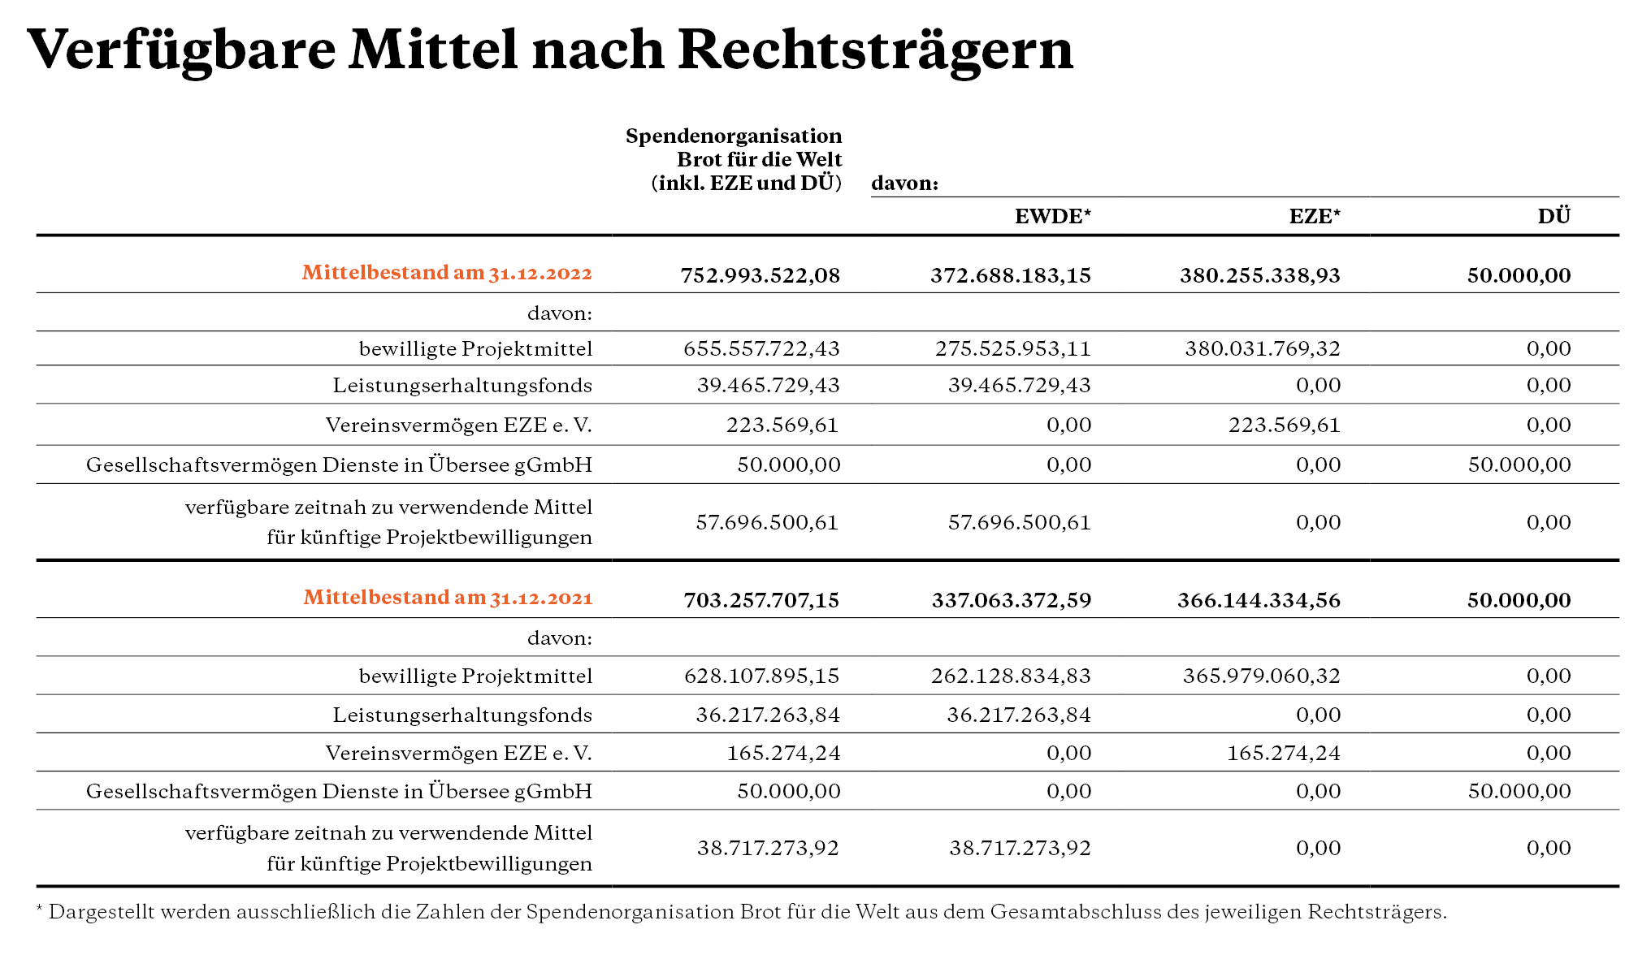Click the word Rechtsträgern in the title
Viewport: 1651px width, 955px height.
click(x=875, y=50)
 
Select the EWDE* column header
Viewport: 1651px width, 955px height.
click(x=1053, y=216)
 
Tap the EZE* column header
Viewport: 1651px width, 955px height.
click(x=1315, y=216)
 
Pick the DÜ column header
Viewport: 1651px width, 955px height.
click(x=1554, y=215)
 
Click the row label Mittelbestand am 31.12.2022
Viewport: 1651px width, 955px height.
click(x=447, y=272)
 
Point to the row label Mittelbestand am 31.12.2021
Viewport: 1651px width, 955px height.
click(x=448, y=598)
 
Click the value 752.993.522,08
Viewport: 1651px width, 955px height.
click(x=760, y=276)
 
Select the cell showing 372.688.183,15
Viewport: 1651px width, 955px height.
click(x=1011, y=276)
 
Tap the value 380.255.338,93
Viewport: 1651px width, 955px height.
click(x=1260, y=276)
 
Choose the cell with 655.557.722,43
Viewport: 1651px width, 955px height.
click(x=761, y=349)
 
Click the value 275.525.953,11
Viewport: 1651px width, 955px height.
click(x=1013, y=349)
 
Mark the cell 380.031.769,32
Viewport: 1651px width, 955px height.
click(x=1263, y=349)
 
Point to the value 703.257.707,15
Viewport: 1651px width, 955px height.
click(x=761, y=601)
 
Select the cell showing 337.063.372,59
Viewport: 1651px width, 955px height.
click(x=1012, y=601)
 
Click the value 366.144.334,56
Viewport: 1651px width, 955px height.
click(x=1259, y=601)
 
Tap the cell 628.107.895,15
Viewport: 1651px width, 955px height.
click(x=762, y=676)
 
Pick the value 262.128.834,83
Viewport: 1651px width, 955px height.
click(x=1012, y=676)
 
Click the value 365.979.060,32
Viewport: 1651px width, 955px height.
click(x=1262, y=676)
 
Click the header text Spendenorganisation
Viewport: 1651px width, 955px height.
click(x=734, y=136)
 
